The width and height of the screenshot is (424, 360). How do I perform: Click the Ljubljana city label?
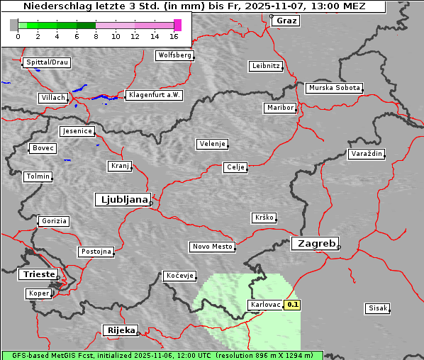122,200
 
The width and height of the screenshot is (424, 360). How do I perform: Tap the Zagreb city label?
314,243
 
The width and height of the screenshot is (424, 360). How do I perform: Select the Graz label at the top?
286,21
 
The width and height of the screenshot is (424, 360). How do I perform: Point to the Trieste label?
38,274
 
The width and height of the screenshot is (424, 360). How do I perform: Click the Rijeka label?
121,330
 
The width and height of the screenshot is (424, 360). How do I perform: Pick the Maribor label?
279,108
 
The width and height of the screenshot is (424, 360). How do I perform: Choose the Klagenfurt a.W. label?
154,95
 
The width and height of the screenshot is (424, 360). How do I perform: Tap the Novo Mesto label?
212,247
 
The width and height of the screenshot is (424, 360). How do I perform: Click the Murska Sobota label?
334,89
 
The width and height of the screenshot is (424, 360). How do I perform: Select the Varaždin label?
367,154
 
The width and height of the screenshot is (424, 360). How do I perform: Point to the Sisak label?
377,308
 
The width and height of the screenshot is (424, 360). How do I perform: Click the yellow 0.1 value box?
293,305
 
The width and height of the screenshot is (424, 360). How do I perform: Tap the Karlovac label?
265,305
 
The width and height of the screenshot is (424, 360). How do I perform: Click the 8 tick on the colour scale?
96,35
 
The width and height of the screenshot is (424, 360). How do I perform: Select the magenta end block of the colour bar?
177,25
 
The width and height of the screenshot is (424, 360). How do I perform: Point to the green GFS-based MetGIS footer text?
162,355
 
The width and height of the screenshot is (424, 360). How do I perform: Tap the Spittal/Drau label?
47,62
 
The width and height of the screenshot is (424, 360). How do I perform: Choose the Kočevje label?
179,276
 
